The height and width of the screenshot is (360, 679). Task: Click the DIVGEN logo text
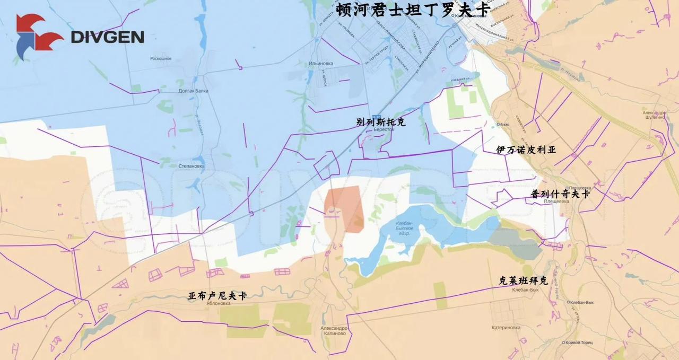point(107,37)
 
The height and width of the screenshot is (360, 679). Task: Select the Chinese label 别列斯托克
point(381,122)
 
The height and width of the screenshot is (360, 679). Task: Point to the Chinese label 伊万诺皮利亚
point(526,150)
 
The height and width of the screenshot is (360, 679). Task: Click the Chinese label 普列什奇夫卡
point(560,195)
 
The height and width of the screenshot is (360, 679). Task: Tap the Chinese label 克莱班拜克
point(523,280)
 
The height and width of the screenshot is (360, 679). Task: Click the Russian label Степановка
point(191,166)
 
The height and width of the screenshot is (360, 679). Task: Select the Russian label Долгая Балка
point(193,91)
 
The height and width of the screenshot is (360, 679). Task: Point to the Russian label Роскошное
point(161,58)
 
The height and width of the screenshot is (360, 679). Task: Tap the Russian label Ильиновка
point(321,64)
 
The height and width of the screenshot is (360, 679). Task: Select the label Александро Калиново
point(334,331)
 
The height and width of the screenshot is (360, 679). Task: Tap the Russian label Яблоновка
point(216,304)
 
